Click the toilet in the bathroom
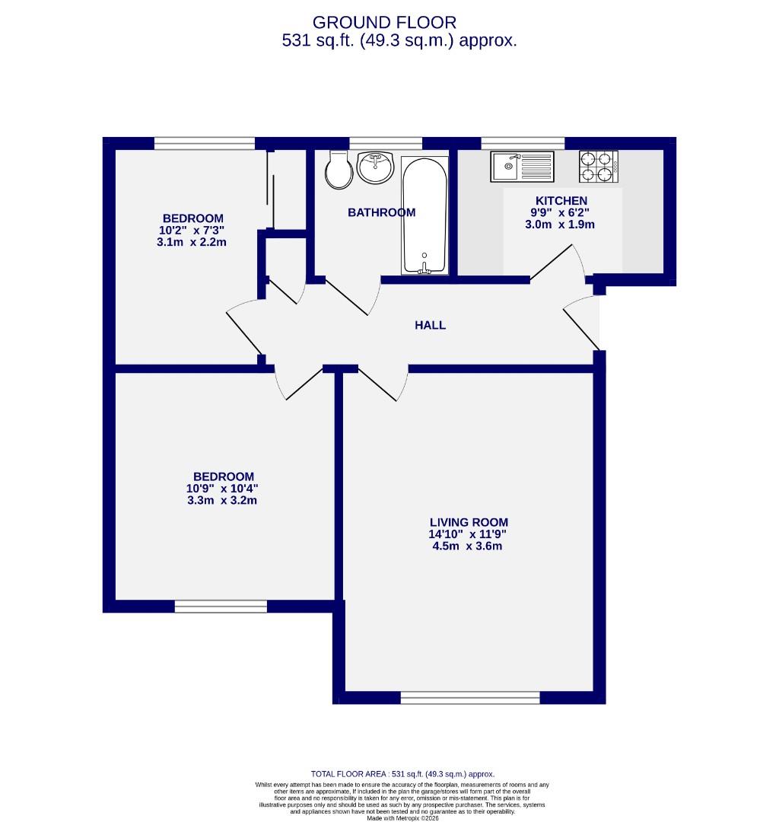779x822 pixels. [339, 170]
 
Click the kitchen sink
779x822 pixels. [521, 166]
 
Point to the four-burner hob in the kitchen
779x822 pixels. [597, 167]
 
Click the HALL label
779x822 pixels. [430, 325]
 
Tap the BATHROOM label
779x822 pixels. [381, 212]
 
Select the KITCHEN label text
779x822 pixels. [561, 200]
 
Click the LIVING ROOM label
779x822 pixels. [469, 522]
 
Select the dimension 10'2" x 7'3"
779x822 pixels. [192, 230]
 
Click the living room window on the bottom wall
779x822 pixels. [469, 698]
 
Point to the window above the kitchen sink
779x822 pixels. [523, 142]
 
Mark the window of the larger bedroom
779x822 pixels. [221, 607]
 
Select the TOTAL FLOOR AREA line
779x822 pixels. [402, 773]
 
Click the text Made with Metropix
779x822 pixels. [402, 818]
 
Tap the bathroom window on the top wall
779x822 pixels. [386, 142]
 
